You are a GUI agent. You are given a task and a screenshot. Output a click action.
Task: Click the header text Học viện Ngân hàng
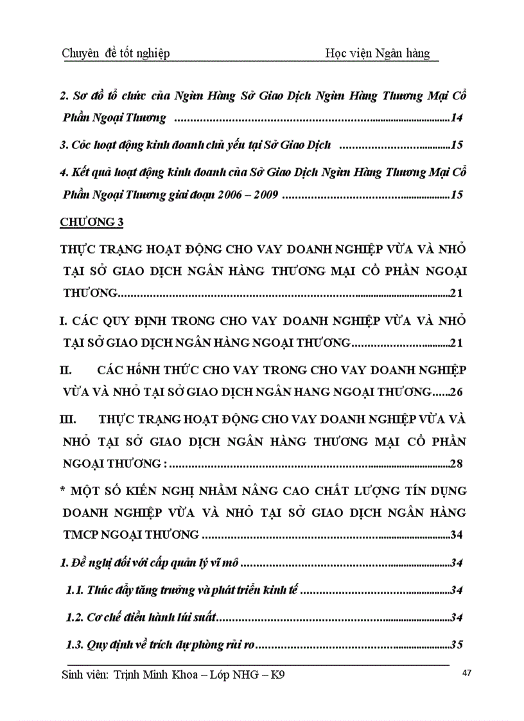tap(378, 53)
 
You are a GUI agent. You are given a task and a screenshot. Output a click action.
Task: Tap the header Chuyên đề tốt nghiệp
tap(116, 53)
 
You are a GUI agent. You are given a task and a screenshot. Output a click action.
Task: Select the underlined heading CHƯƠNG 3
tap(91, 222)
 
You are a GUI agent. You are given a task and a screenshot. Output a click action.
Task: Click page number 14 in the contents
tap(457, 117)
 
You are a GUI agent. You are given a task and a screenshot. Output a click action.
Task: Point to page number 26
tap(457, 391)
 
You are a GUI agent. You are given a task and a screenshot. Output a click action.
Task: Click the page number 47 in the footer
tap(467, 673)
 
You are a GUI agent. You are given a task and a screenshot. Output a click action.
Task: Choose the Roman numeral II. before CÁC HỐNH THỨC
tap(65, 372)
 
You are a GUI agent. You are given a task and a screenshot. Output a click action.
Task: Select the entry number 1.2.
tap(75, 617)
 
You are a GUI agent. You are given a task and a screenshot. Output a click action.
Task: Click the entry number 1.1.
tap(75, 590)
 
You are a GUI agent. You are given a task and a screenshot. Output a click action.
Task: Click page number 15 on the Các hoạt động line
tap(457, 145)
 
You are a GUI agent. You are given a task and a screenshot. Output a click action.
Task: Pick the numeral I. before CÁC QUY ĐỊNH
tap(63, 319)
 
